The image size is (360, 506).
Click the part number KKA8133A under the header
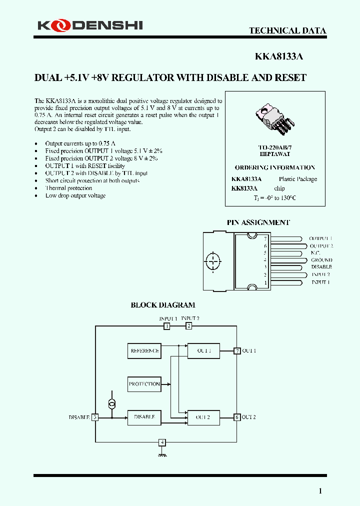point(279,56)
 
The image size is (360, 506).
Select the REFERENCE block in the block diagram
point(144,351)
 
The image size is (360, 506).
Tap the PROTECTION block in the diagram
point(144,384)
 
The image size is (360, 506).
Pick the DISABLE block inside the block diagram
point(144,417)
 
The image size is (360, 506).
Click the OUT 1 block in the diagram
point(203,351)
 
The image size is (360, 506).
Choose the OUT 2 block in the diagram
point(203,417)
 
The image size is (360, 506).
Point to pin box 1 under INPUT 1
point(167,326)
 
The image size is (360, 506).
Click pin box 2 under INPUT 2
point(189,326)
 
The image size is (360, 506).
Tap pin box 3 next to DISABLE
point(95,417)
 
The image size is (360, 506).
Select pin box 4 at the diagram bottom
point(161,442)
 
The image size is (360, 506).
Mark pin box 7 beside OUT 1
point(237,351)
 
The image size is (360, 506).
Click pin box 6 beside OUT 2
point(237,417)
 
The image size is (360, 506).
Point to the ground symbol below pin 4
point(161,454)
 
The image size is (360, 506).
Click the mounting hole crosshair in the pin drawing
point(213,260)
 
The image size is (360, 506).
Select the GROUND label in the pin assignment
point(321,260)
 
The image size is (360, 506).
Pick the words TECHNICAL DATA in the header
point(287,30)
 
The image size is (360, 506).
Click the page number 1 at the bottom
point(320,491)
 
